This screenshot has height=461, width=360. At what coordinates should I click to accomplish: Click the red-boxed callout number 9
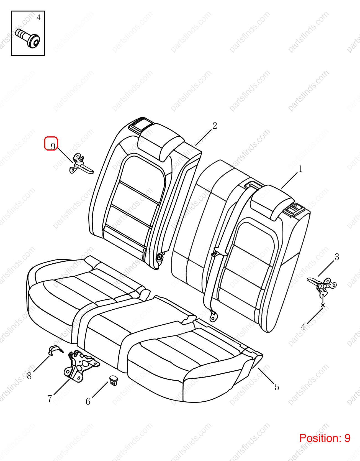(53, 146)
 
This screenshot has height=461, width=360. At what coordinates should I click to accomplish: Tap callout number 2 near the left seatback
(215, 126)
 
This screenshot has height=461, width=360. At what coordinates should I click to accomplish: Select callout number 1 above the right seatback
(300, 169)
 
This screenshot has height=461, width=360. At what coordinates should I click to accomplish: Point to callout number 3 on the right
(337, 257)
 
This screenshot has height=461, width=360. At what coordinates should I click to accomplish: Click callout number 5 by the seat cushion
(277, 387)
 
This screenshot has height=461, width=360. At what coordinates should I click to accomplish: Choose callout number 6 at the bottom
(88, 402)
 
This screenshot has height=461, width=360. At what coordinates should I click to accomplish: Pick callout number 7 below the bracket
(50, 398)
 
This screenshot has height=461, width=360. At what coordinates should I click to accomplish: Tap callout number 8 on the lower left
(29, 376)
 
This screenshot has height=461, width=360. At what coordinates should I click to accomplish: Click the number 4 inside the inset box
(38, 18)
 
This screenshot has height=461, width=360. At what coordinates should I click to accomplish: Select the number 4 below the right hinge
(303, 327)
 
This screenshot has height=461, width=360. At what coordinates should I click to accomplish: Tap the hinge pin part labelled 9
(81, 164)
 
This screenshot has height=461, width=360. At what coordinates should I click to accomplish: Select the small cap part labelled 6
(114, 380)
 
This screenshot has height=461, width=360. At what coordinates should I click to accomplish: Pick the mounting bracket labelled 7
(81, 366)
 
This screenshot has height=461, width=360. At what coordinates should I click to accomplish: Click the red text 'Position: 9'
(325, 438)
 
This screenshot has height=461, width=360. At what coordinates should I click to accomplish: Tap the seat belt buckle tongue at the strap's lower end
(213, 317)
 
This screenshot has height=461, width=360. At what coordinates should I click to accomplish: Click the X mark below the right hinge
(323, 305)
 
